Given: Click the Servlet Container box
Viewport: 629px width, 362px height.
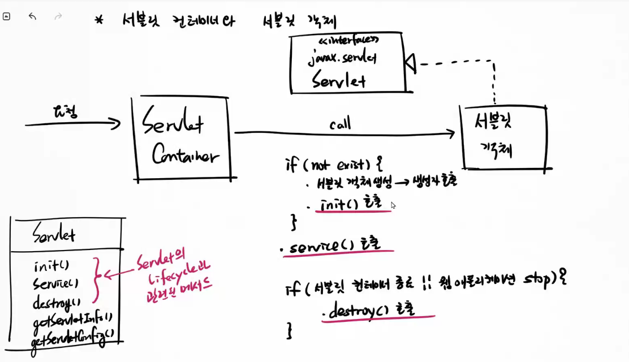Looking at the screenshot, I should coord(181,139).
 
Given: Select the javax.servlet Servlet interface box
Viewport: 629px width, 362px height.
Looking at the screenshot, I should coord(348,63).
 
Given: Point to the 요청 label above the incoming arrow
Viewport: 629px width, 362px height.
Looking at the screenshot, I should coord(66,111).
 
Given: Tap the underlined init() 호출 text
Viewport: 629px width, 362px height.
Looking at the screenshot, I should coord(351,204).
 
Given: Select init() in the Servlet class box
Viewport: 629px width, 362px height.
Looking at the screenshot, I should coord(51,265).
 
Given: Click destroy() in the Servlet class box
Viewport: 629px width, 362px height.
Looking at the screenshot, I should coord(57,302).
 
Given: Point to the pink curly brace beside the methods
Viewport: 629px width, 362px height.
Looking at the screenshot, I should coord(96,280).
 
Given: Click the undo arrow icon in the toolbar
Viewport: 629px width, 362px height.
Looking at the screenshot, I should coord(32,16).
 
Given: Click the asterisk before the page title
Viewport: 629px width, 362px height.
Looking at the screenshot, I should coord(100,21).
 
